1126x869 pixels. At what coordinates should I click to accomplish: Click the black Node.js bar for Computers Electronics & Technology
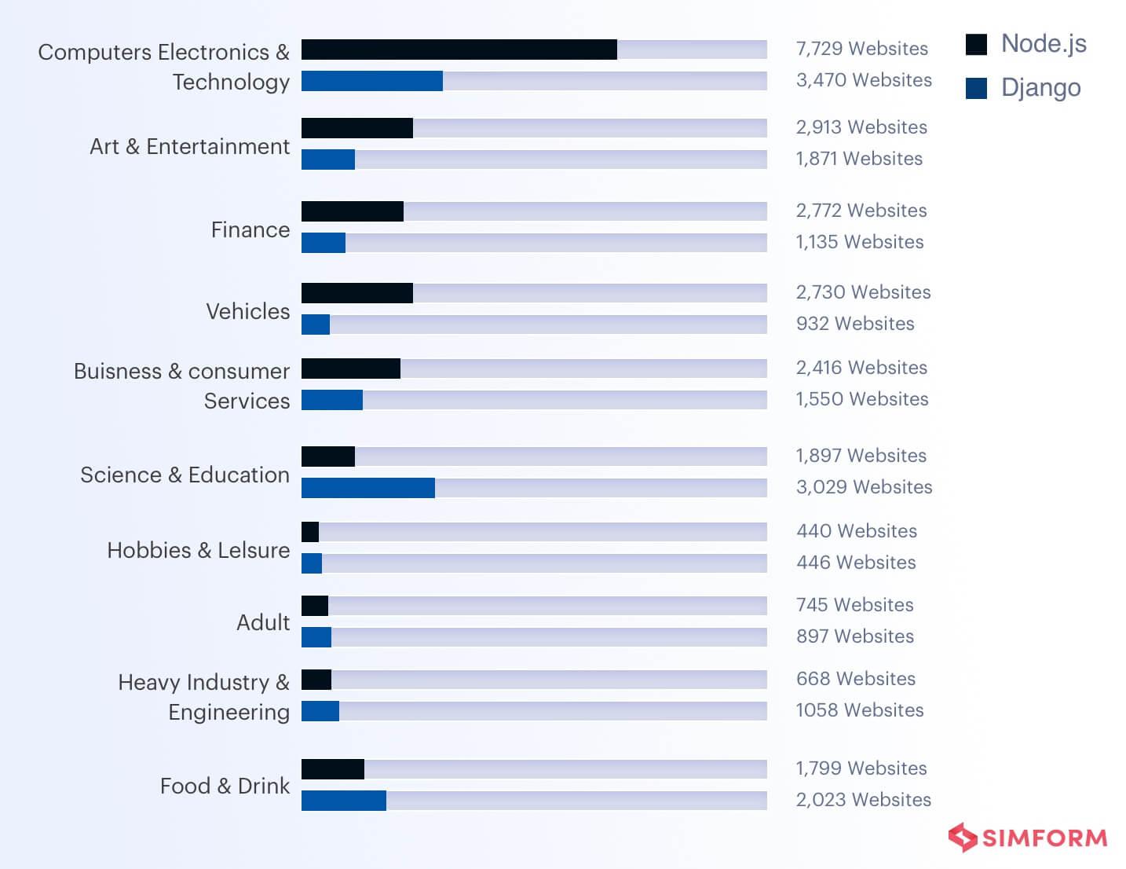point(459,49)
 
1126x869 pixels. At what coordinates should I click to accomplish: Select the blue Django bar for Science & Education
point(367,488)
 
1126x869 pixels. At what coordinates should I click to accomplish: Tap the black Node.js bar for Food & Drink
point(332,769)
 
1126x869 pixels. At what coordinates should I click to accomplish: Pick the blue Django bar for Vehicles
point(315,324)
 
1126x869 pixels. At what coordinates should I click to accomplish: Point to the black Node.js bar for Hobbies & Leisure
point(310,532)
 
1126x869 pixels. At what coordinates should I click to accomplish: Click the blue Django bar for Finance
point(323,243)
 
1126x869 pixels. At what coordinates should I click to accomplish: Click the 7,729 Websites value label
point(861,49)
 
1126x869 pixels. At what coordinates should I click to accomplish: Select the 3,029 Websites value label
point(864,487)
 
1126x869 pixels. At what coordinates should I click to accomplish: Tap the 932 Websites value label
point(855,324)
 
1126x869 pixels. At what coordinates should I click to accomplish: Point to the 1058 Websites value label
point(859,710)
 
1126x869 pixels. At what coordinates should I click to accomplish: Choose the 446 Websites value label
point(856,563)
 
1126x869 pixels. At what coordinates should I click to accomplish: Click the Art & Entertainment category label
point(189,147)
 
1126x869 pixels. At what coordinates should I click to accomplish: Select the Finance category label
point(250,230)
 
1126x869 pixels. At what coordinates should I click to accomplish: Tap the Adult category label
point(263,623)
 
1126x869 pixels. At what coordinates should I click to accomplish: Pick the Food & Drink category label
point(225,786)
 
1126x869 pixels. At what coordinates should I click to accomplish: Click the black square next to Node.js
point(976,45)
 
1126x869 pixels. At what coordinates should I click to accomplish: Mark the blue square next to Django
point(976,89)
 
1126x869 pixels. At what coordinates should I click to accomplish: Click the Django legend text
point(1040,88)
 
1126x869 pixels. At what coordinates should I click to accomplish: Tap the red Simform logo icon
point(962,838)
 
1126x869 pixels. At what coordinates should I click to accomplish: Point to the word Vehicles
point(247,312)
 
